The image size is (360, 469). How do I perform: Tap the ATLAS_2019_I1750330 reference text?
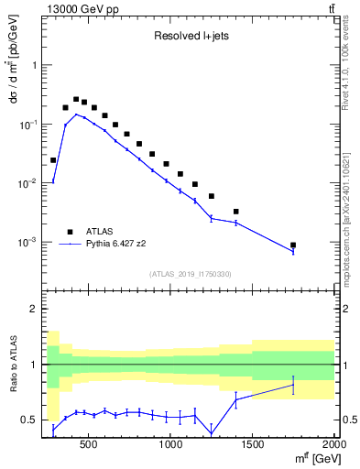coord(190,274)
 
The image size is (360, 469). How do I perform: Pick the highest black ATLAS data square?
coord(76,99)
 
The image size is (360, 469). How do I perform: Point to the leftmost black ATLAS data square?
coord(53,160)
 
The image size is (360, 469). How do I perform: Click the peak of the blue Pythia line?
coord(76,115)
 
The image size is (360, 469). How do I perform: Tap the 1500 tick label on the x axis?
coord(253,445)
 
